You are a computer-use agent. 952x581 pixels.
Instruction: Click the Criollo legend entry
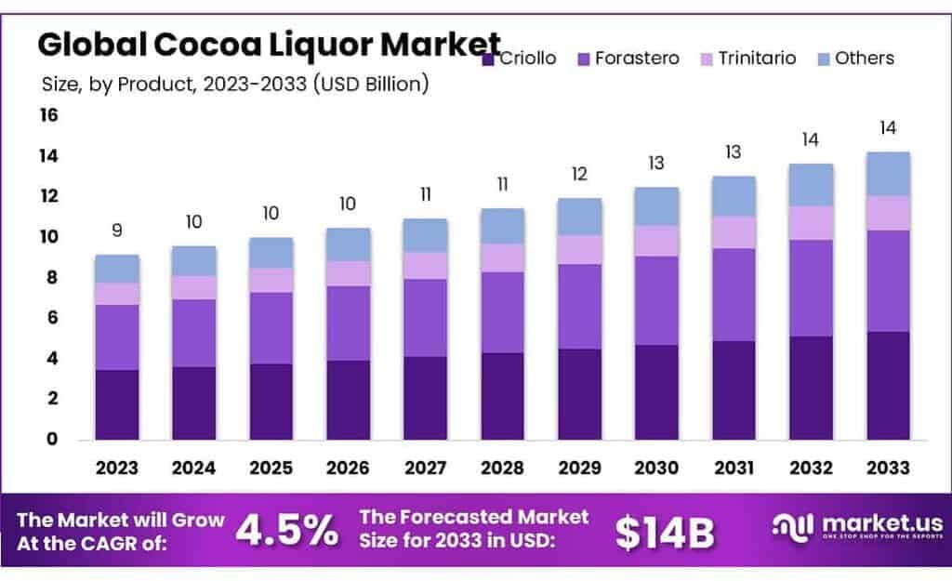tap(520, 59)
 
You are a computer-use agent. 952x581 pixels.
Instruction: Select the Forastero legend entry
tap(628, 59)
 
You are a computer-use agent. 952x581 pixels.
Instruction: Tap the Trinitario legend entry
tap(748, 59)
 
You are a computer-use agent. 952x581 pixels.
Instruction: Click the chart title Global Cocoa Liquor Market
tap(269, 43)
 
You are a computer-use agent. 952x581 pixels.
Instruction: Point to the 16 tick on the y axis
tap(48, 115)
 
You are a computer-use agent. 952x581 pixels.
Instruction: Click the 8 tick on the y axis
tap(52, 277)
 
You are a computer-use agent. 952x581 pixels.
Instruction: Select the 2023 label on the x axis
tap(116, 466)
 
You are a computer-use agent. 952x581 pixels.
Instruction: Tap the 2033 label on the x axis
tap(888, 466)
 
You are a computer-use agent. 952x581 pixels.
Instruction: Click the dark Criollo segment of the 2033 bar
tap(888, 385)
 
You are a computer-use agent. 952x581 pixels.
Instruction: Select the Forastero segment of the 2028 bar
tap(502, 312)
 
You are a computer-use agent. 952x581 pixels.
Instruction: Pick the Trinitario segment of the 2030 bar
tap(656, 241)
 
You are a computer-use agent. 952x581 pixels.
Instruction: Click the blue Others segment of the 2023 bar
tap(116, 269)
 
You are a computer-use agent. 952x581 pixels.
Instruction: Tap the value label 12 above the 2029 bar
tap(579, 175)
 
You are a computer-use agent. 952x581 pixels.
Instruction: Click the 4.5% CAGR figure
tap(286, 531)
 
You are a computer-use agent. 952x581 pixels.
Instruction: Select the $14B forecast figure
tap(665, 531)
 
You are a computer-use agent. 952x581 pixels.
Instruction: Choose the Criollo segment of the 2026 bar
tap(348, 400)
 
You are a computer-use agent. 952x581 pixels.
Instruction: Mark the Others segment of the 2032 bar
tap(811, 185)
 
